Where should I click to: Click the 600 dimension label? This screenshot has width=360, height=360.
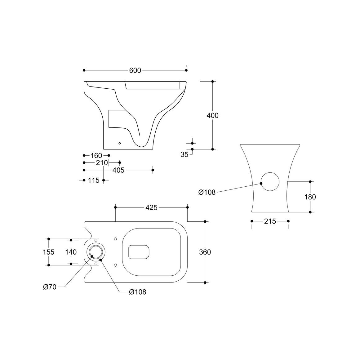[x=135, y=70]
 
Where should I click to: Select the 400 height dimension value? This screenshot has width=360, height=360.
[x=212, y=115]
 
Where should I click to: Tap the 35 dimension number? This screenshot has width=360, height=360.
[x=184, y=154]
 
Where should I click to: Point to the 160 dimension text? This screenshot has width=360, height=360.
[x=96, y=155]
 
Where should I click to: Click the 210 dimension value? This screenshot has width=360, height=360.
[x=102, y=163]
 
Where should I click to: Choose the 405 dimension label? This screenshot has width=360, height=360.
[x=118, y=170]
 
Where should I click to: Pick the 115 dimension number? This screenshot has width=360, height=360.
[x=94, y=180]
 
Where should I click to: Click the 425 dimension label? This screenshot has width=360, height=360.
[x=152, y=207]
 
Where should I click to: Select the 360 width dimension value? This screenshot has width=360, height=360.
[x=205, y=252]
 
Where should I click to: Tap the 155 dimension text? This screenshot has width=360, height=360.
[x=49, y=252]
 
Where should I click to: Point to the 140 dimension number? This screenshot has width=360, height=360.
[x=71, y=252]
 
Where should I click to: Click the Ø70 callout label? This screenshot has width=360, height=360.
[x=50, y=287]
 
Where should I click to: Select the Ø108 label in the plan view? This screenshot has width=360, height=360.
[x=138, y=292]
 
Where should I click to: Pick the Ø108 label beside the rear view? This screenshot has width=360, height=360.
[x=207, y=192]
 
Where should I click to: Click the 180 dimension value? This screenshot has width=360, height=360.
[x=310, y=197]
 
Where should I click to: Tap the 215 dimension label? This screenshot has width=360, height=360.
[x=270, y=221]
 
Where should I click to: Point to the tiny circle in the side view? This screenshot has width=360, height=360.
[x=119, y=143]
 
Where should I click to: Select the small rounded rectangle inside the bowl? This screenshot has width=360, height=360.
[x=139, y=245]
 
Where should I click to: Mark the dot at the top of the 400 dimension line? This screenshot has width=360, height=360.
[x=213, y=81]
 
